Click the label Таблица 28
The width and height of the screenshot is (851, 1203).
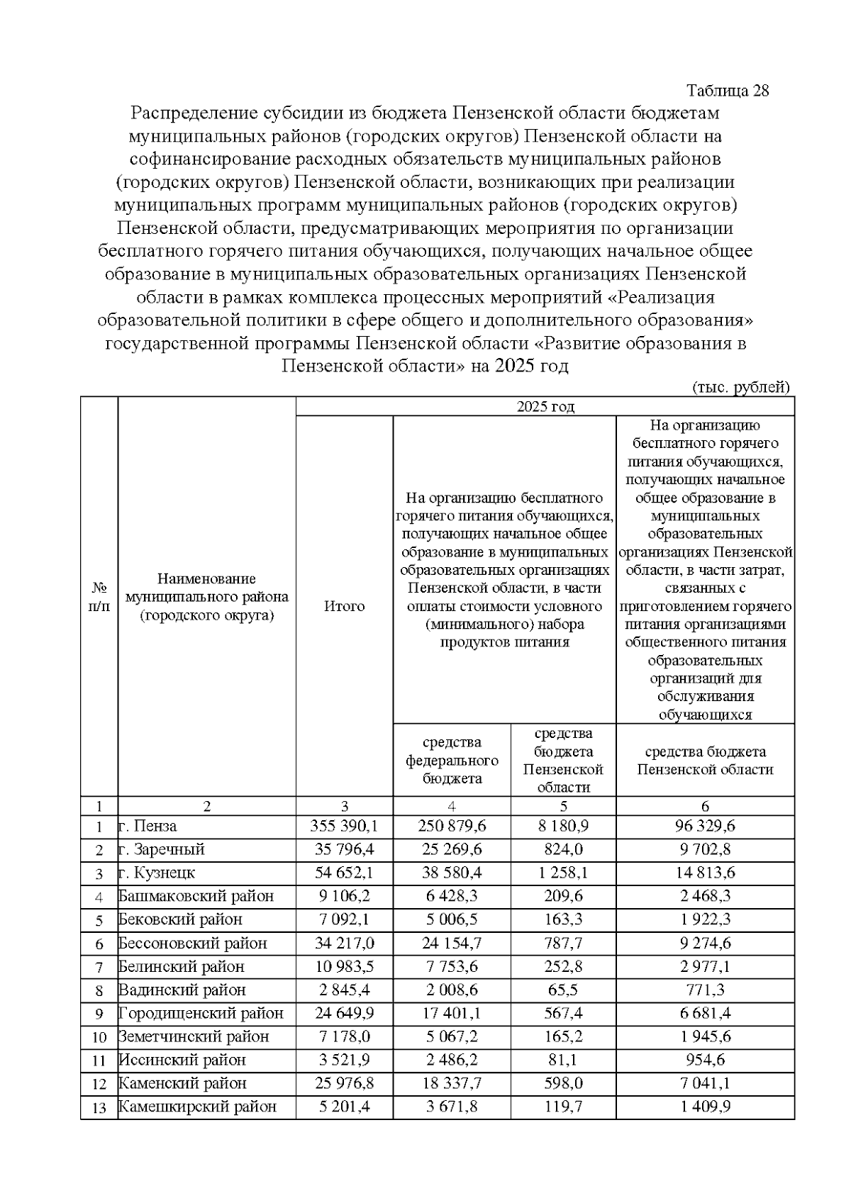pyautogui.click(x=728, y=91)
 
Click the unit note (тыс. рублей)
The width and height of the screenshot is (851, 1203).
pyautogui.click(x=740, y=387)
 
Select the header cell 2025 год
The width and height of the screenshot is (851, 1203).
pyautogui.click(x=545, y=406)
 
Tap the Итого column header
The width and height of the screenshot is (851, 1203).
pyautogui.click(x=344, y=606)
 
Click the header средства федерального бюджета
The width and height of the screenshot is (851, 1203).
pyautogui.click(x=452, y=760)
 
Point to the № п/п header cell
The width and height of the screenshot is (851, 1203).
pyautogui.click(x=99, y=597)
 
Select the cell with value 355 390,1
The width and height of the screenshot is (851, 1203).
pyautogui.click(x=344, y=826)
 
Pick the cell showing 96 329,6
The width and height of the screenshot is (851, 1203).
pyautogui.click(x=705, y=826)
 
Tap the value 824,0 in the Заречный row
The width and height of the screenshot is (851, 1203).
pyautogui.click(x=563, y=849)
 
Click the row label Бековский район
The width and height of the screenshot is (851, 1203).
pyautogui.click(x=181, y=919)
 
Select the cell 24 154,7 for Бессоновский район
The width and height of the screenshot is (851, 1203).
pyautogui.click(x=452, y=943)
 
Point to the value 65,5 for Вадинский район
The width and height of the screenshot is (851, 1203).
pyautogui.click(x=563, y=990)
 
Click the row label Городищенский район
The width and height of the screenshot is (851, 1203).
pyautogui.click(x=201, y=1013)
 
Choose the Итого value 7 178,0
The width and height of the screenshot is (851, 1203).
pyautogui.click(x=344, y=1036)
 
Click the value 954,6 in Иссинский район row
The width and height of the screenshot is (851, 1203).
pyautogui.click(x=705, y=1060)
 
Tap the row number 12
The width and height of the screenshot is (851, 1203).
pyautogui.click(x=99, y=1084)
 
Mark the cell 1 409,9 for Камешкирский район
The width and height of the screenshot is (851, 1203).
pyautogui.click(x=705, y=1107)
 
